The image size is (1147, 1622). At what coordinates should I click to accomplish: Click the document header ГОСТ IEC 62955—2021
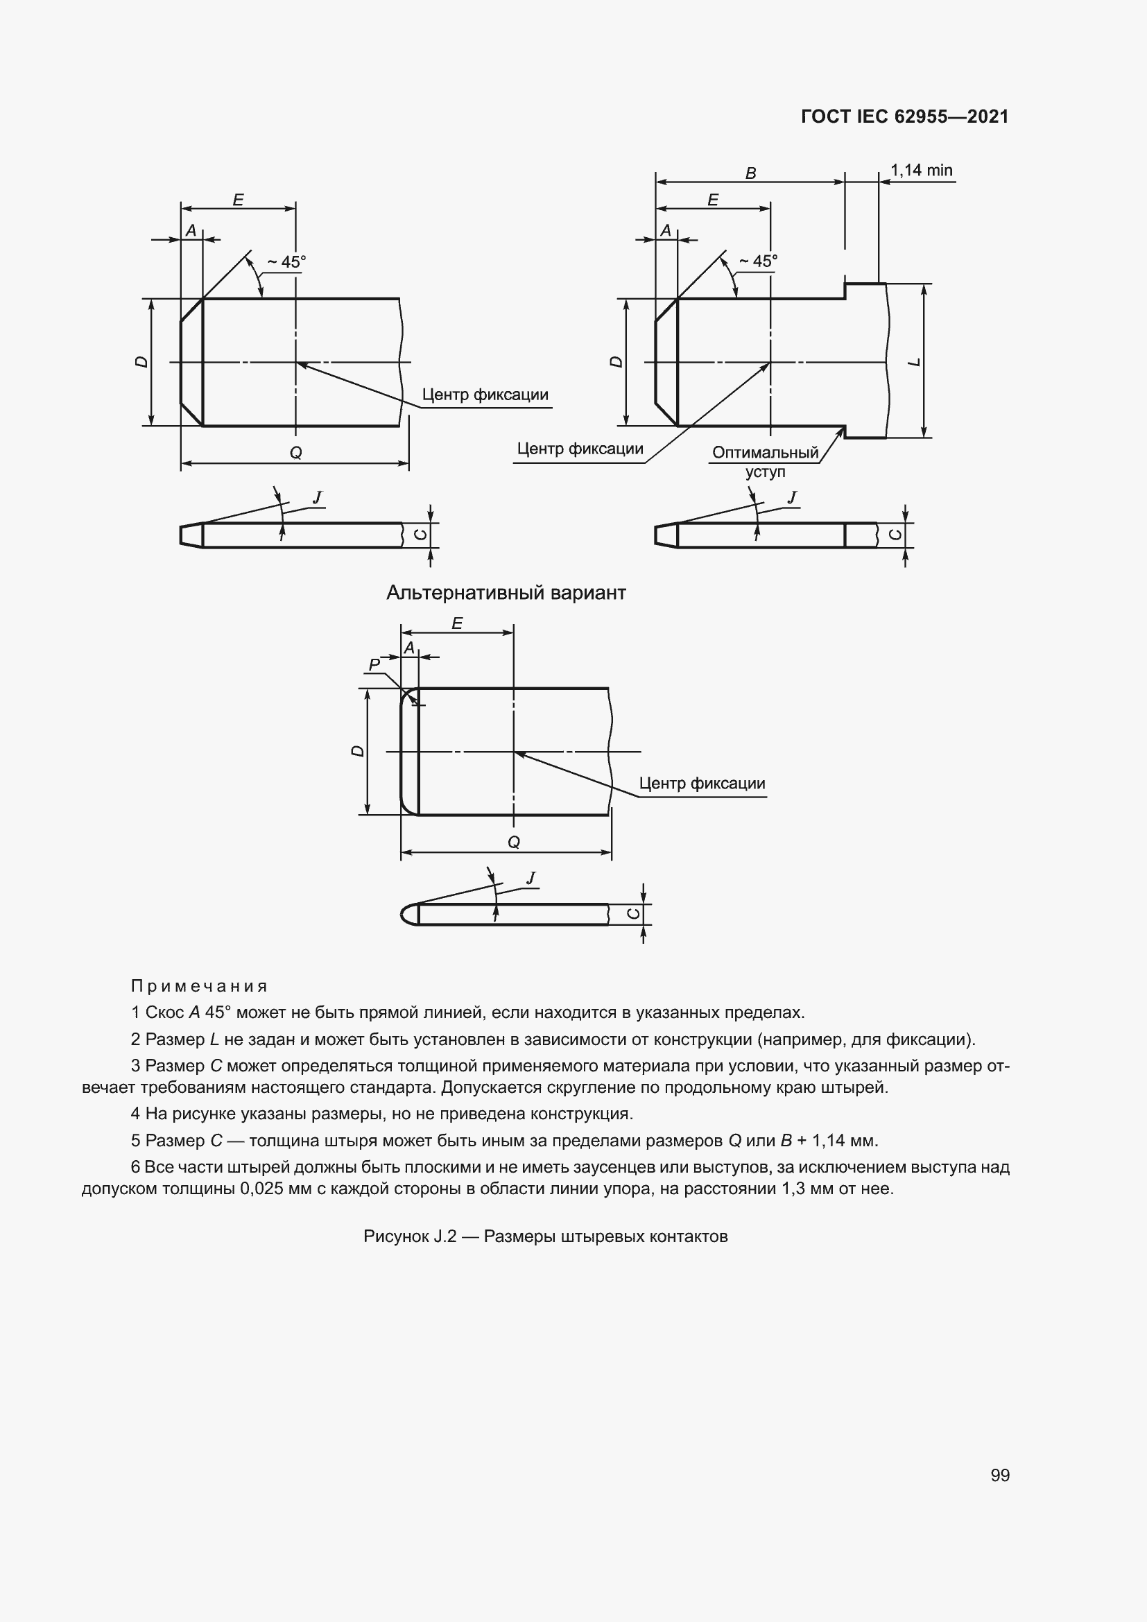[904, 117]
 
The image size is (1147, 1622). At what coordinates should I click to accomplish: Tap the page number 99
[999, 1475]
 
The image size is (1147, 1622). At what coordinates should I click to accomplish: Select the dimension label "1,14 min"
[921, 171]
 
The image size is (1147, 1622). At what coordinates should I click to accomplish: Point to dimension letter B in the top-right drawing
[751, 173]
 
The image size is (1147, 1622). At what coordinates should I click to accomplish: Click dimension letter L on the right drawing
[915, 363]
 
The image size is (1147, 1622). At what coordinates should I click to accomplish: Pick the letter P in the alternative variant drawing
[374, 664]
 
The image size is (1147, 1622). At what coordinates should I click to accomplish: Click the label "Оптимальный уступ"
[765, 462]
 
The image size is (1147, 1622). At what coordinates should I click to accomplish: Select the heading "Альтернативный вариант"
[506, 593]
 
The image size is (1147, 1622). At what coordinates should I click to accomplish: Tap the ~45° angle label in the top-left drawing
[286, 262]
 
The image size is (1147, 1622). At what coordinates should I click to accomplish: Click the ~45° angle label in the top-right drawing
[758, 261]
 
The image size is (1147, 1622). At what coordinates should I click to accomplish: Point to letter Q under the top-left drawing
[296, 453]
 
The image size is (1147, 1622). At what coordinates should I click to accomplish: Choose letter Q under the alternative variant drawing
[514, 842]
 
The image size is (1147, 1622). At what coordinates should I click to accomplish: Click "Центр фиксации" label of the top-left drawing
[485, 395]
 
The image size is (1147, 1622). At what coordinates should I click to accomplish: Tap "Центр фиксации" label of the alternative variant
[701, 784]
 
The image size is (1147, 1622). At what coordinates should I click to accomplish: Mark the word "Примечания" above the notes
[199, 985]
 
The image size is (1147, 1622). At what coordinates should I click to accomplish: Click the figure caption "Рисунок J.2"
[545, 1236]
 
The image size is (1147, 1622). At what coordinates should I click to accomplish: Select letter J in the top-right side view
[793, 498]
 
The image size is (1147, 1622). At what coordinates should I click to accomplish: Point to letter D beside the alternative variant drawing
[358, 751]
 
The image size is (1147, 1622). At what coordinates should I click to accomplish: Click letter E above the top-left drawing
[238, 200]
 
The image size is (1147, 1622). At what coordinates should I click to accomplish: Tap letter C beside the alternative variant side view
[634, 914]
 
